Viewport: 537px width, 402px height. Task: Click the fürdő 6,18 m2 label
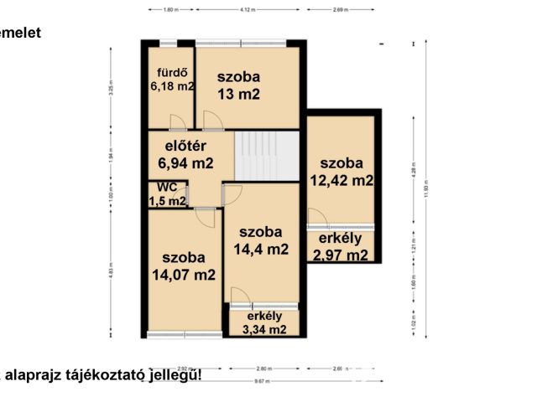tap(172, 78)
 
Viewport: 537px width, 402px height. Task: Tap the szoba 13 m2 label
tap(238, 85)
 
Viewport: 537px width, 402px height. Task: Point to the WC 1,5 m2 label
tap(167, 194)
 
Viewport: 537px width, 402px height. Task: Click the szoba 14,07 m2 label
tap(183, 265)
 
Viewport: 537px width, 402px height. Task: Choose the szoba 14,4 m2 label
tap(263, 240)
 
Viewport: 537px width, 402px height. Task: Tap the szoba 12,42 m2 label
tap(341, 171)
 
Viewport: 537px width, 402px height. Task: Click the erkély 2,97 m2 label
tap(340, 247)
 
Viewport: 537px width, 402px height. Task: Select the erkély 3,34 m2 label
tap(264, 322)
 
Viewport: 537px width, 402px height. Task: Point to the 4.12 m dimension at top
tap(247, 9)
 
